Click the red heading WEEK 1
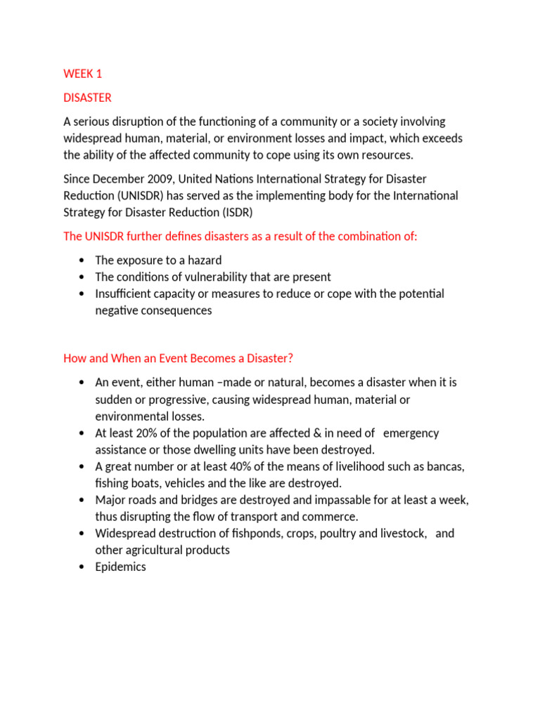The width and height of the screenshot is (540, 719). [82, 74]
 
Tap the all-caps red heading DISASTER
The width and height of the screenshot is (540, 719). [87, 98]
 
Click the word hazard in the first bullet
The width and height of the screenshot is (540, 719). [205, 260]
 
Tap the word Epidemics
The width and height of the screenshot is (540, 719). [121, 567]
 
